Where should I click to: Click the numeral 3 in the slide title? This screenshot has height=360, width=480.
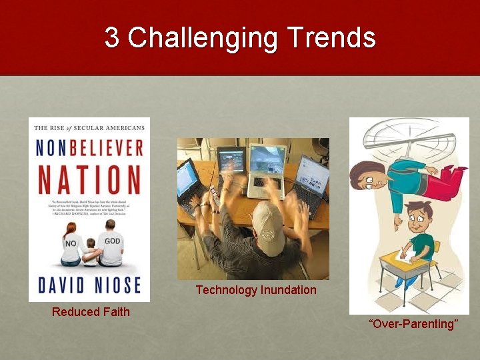[x=112, y=38]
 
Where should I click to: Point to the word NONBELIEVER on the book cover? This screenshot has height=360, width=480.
[x=89, y=147]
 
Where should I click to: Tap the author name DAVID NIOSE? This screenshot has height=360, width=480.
[x=89, y=284]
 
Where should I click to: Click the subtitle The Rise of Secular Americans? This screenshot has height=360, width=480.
[x=89, y=128]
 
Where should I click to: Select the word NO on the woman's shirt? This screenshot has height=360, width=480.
[x=71, y=244]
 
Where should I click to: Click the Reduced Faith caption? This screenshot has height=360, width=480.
[x=91, y=311]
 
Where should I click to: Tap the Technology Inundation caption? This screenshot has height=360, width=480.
[x=256, y=290]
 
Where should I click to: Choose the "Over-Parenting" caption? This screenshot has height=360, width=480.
[x=413, y=324]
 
